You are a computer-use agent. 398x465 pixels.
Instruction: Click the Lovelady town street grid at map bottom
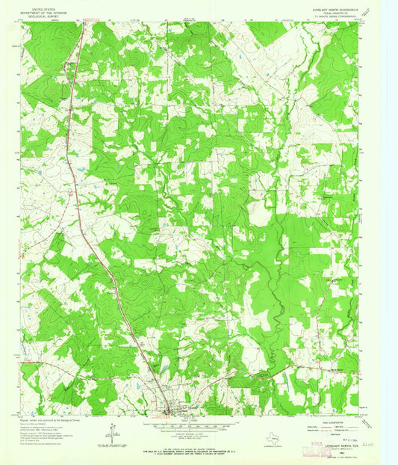[173, 410]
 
